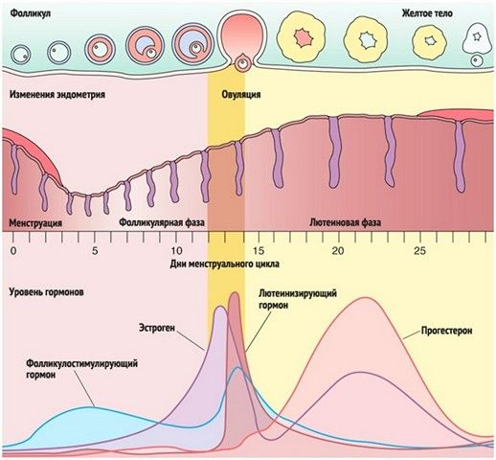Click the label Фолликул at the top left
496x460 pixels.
31,13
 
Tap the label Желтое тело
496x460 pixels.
427,13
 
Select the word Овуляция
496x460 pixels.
241,95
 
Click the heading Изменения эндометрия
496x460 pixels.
57,95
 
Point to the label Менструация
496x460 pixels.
35,222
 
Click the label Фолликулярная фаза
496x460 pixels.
162,222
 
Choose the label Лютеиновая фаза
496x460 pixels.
346,222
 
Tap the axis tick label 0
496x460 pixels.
13,251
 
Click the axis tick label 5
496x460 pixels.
95,251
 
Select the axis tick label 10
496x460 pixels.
176,251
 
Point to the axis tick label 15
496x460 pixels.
258,251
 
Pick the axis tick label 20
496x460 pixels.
338,251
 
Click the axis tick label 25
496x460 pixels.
419,251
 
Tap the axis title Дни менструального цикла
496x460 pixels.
224,264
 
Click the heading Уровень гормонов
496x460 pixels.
47,292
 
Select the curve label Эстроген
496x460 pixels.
157,328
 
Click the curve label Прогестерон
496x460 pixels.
446,331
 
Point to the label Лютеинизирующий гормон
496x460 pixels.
298,299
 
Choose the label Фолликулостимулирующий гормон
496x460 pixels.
82,369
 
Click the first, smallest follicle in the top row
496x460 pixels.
21,55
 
